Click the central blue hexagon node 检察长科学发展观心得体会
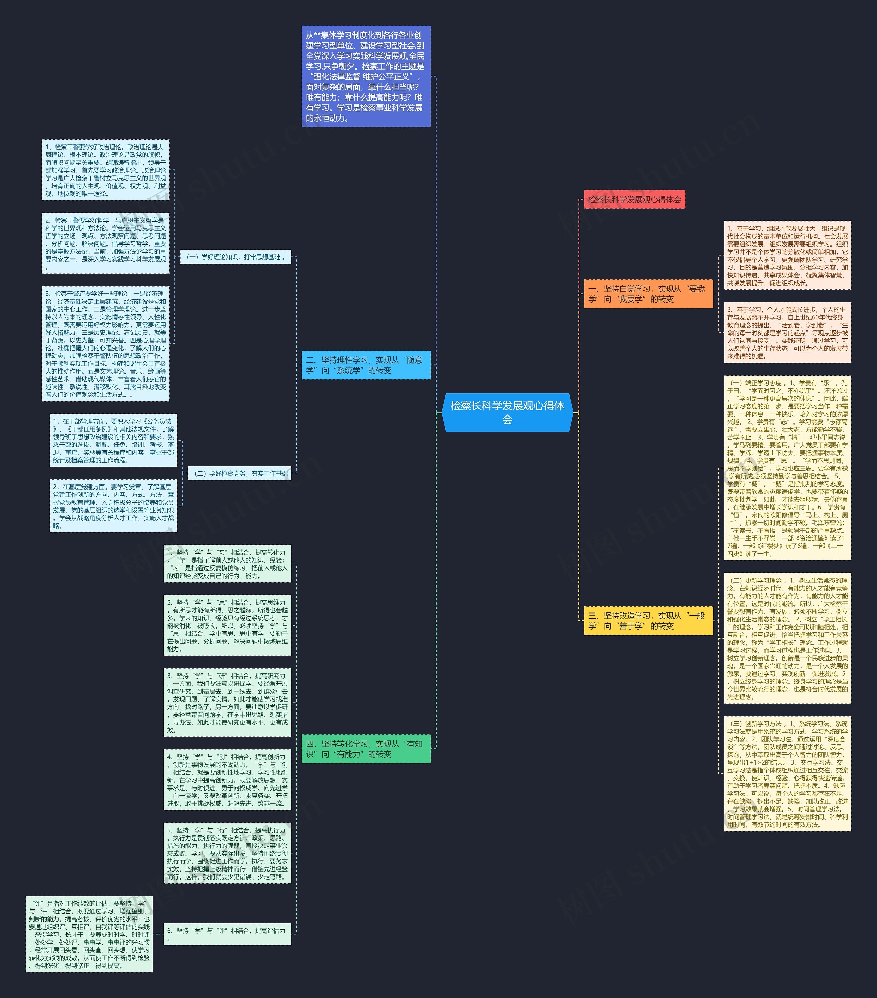point(507,412)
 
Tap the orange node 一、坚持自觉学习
point(648,294)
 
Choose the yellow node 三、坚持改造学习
point(648,621)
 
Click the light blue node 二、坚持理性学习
point(366,365)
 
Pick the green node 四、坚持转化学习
point(366,748)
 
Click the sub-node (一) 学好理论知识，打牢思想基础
point(235,257)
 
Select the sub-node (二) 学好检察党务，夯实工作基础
point(239,473)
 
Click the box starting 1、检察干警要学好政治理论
point(106,170)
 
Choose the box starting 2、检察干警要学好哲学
point(106,243)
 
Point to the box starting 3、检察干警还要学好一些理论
point(106,344)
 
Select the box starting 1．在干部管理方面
point(113,440)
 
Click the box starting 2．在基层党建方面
point(113,506)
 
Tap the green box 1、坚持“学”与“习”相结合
point(227,564)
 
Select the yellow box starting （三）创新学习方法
point(787,774)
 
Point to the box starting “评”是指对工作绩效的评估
point(89,934)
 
